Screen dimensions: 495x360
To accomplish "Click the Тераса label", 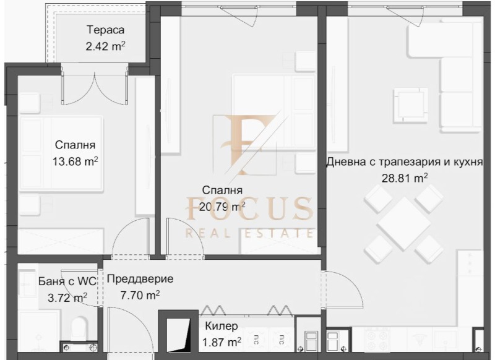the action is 105,30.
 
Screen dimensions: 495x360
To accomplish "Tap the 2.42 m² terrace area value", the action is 105,46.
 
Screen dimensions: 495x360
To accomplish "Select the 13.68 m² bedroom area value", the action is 75,161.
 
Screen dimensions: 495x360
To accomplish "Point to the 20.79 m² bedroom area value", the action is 222,207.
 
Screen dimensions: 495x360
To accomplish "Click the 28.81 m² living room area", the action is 405,178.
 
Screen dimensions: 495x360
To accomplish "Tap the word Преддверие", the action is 140,279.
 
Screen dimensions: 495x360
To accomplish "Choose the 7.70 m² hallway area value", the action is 140,295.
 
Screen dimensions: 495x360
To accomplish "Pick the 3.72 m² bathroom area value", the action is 67,298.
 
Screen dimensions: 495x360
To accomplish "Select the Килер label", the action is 222,326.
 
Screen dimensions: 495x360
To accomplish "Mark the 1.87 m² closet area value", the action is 222,342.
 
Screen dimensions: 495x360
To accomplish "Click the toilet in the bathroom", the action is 80,328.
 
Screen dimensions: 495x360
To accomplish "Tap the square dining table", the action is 403,224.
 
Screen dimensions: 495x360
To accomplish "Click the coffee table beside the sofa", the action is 408,106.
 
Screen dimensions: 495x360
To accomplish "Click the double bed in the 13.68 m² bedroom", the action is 61,153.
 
